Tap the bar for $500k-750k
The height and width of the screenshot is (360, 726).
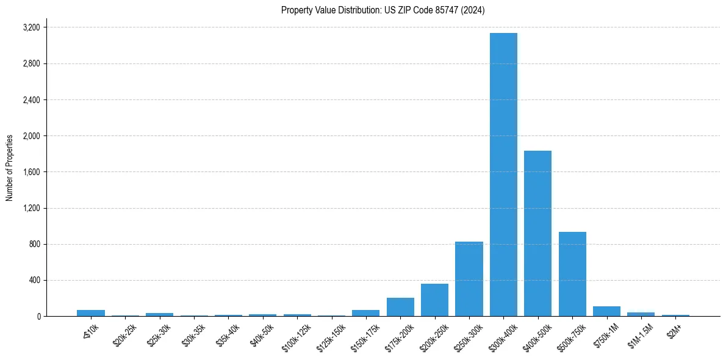tap(572, 274)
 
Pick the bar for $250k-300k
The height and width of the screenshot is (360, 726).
tap(469, 279)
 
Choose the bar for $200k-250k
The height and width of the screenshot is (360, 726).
tap(434, 300)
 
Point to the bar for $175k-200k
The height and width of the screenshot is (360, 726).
tap(400, 307)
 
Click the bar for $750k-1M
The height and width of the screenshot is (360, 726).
tap(606, 311)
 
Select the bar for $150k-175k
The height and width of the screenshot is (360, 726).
tap(365, 313)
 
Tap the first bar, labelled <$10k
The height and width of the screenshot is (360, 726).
tap(90, 313)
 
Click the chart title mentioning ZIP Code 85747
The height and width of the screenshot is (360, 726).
tap(383, 10)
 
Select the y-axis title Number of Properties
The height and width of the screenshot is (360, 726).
tap(10, 168)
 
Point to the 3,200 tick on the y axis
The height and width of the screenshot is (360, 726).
tap(31, 27)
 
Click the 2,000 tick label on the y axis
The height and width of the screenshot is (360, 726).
tap(31, 136)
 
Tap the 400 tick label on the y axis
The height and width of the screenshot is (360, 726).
tap(34, 281)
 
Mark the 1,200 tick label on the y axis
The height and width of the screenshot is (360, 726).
tap(31, 208)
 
